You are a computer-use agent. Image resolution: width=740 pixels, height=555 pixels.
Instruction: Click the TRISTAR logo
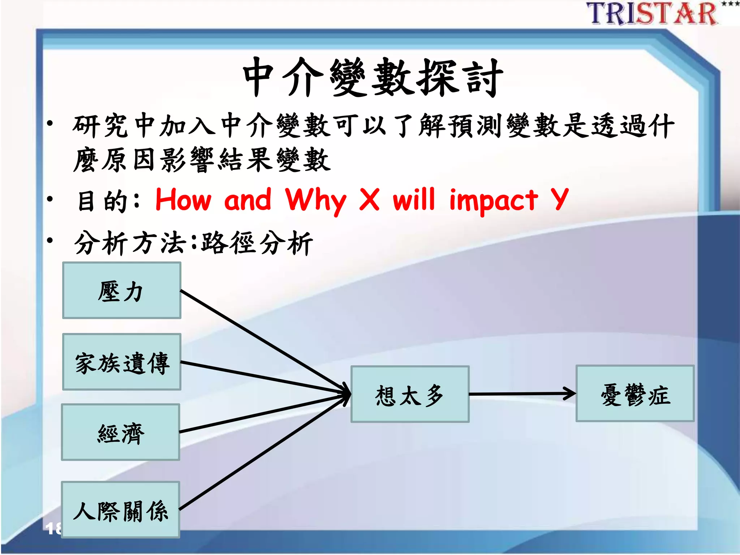(x=652, y=14)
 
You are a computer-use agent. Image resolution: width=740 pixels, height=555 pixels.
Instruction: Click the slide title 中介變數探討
(x=373, y=78)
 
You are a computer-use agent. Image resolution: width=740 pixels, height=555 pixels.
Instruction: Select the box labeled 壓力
(x=121, y=291)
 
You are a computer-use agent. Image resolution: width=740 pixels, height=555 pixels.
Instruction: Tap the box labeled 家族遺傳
(x=121, y=362)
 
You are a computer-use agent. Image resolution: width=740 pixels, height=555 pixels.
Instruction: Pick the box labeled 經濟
(x=121, y=433)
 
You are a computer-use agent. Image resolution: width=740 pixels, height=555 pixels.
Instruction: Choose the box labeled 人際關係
(x=121, y=510)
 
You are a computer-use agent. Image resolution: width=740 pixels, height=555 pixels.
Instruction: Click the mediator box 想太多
(x=410, y=394)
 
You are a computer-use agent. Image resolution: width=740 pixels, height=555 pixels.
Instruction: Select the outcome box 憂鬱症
(x=635, y=393)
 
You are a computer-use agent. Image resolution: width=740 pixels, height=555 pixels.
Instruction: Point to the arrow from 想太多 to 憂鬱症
(x=522, y=394)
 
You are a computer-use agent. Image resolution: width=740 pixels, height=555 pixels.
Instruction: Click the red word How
(x=183, y=199)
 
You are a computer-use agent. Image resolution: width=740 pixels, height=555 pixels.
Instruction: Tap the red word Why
(x=315, y=200)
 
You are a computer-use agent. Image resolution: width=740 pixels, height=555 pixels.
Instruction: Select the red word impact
(x=494, y=201)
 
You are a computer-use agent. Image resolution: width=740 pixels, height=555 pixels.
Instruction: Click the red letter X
(x=369, y=199)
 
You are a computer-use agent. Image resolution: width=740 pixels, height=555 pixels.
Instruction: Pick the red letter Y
(x=559, y=199)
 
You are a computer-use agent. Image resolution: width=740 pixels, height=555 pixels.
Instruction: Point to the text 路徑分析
(x=257, y=243)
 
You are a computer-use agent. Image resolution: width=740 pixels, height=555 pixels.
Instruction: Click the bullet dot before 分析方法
(x=50, y=240)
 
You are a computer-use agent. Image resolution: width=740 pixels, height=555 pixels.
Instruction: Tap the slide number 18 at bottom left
(x=53, y=528)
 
